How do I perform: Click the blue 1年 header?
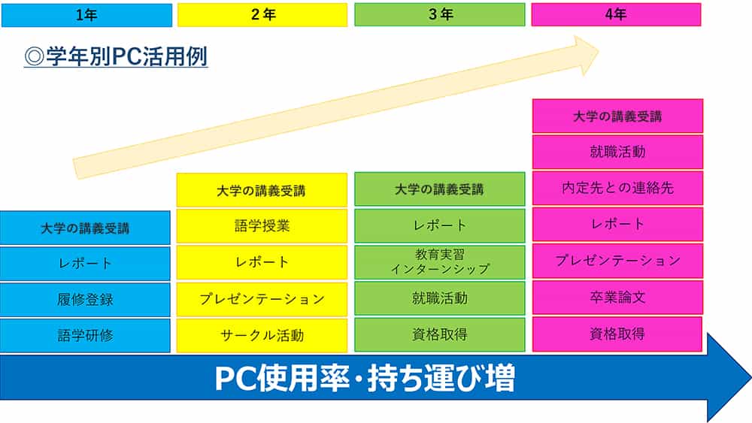tap(86, 14)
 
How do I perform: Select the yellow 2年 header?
tap(262, 14)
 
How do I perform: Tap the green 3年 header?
tap(440, 14)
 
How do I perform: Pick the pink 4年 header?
tap(617, 14)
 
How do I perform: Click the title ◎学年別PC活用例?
tap(116, 58)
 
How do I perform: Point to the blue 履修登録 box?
tap(85, 299)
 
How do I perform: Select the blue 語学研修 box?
tap(85, 335)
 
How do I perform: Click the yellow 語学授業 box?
tap(262, 225)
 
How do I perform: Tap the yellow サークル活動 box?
tap(262, 335)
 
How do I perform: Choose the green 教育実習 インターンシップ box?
tap(440, 261)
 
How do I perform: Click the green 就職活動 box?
tap(440, 298)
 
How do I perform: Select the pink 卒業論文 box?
tap(617, 298)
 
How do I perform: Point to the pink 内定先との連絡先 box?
tap(617, 188)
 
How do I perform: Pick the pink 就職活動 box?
tap(617, 152)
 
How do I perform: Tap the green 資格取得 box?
tap(440, 335)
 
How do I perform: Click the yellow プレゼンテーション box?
tap(262, 299)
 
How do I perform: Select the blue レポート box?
tap(85, 263)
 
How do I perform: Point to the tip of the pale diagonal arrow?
tap(598, 51)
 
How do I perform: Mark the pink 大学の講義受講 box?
tap(617, 116)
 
